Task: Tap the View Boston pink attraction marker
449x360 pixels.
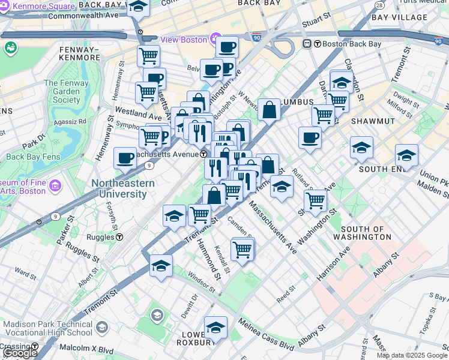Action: coord(215,40)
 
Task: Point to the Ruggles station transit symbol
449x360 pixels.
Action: coord(119,236)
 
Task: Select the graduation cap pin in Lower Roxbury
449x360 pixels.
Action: coord(215,328)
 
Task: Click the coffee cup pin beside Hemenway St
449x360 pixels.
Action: coord(125,158)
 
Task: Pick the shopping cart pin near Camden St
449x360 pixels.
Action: coord(242,248)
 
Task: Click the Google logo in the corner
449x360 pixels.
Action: coord(20,353)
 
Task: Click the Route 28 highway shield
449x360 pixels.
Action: coord(379,5)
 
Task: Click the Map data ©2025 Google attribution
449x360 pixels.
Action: coord(412,355)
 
